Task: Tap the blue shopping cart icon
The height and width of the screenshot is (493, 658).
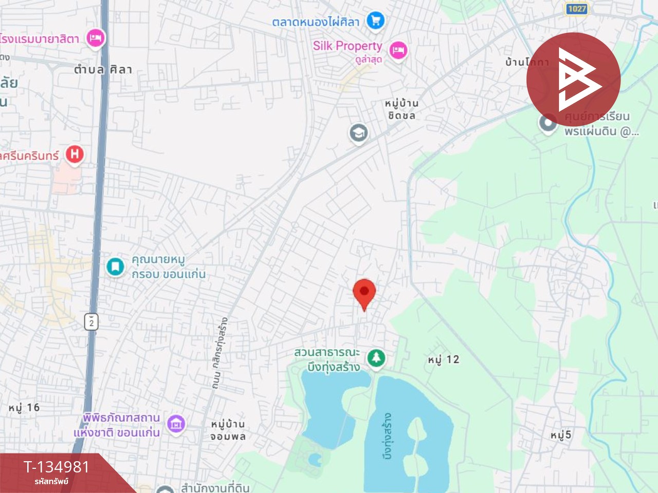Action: tap(375, 21)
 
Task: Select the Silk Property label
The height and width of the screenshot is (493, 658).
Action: tap(348, 46)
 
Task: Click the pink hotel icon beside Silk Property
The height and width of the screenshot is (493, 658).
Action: tap(398, 50)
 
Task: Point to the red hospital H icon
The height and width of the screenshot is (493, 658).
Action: tap(75, 154)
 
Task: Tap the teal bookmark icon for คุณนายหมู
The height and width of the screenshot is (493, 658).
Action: tap(115, 267)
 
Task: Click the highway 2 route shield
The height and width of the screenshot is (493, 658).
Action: tap(91, 322)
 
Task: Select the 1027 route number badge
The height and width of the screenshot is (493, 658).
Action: tap(577, 9)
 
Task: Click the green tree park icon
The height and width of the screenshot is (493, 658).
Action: tap(376, 357)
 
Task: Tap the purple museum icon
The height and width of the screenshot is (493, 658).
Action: tap(176, 424)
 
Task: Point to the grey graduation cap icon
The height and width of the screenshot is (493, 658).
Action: tap(358, 133)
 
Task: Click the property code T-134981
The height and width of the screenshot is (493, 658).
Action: tap(57, 467)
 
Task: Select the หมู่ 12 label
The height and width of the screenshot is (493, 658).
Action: tap(443, 359)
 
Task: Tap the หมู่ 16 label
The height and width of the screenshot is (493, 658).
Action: tap(24, 408)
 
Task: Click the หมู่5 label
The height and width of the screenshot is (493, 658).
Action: tap(560, 435)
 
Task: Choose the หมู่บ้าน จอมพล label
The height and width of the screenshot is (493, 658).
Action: tap(228, 430)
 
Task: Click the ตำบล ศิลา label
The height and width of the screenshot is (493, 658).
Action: tap(103, 69)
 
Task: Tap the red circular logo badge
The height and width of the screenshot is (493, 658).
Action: tap(573, 80)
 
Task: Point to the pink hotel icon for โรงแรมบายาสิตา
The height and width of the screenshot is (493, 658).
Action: tap(95, 37)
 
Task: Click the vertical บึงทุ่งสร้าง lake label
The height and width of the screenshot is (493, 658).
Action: tap(388, 435)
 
